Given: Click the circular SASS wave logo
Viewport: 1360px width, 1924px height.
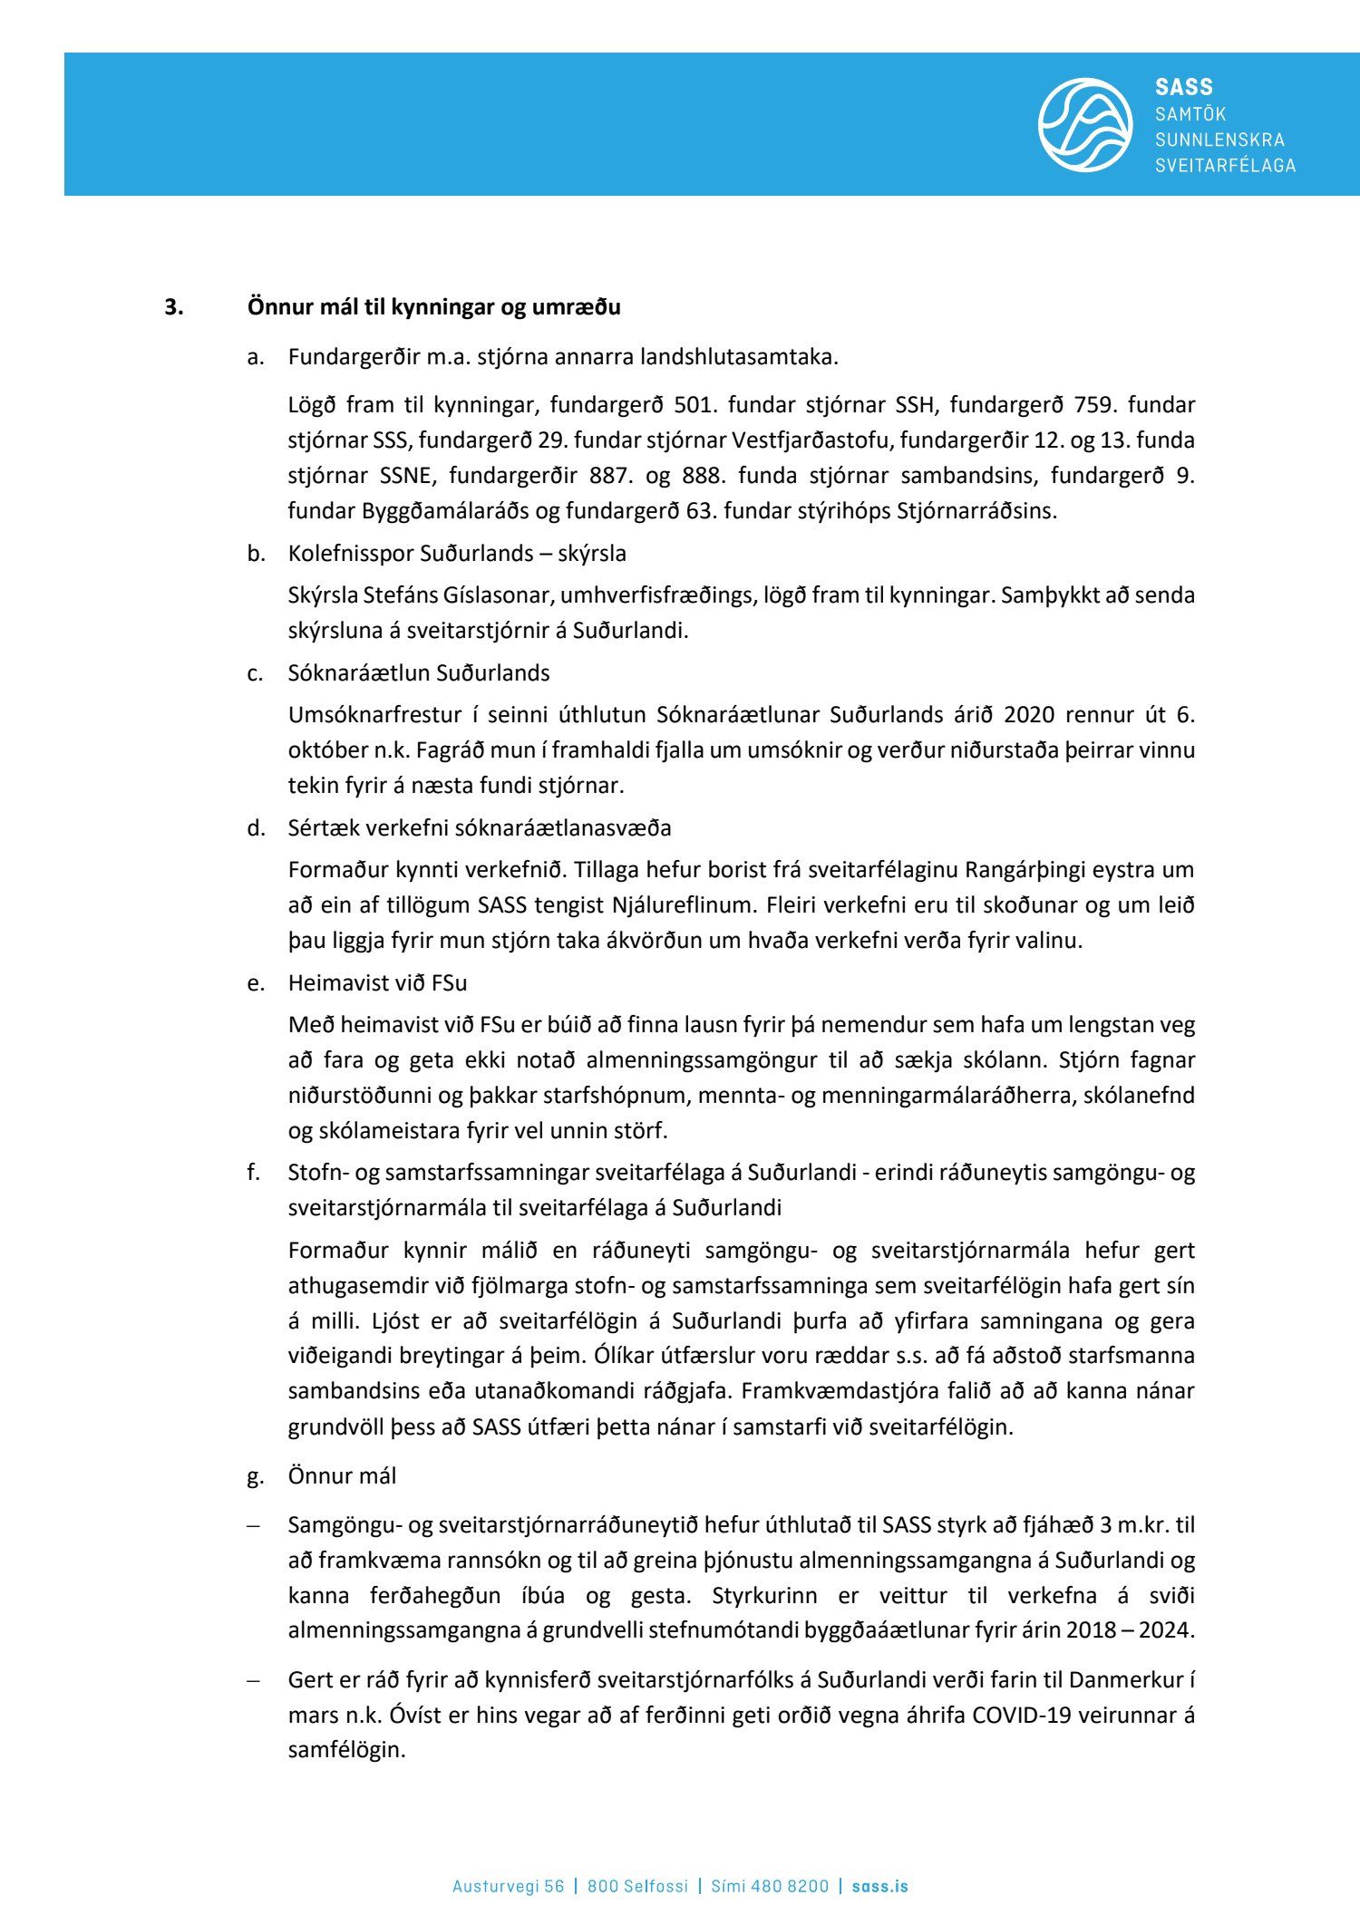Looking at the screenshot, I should tap(1084, 124).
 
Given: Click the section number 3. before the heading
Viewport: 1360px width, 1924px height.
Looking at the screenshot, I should tap(173, 307).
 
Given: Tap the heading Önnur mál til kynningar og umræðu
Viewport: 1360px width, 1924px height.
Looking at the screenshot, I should tap(433, 307).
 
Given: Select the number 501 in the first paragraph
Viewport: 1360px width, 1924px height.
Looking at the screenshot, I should tap(695, 404).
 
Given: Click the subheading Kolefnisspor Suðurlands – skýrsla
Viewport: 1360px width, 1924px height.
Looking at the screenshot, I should tap(457, 553).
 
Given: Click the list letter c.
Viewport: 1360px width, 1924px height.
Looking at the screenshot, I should tap(255, 673).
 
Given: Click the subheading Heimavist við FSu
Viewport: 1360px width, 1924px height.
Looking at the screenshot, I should tap(377, 983).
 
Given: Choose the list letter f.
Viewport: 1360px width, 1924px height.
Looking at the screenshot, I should tap(254, 1173).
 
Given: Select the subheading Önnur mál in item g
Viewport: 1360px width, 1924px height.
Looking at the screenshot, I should tap(342, 1475).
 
